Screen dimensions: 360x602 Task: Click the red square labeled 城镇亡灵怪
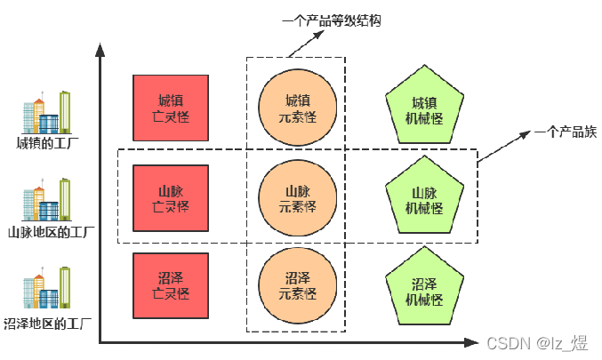point(171,108)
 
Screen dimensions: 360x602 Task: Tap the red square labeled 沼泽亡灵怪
point(171,284)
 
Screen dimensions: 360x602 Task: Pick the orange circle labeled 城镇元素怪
point(297,108)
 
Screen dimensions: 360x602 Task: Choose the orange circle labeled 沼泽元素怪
point(297,285)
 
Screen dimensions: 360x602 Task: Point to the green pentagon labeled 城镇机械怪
point(425,109)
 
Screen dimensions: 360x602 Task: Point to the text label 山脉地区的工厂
point(51,234)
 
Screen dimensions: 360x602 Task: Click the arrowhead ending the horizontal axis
point(470,340)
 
